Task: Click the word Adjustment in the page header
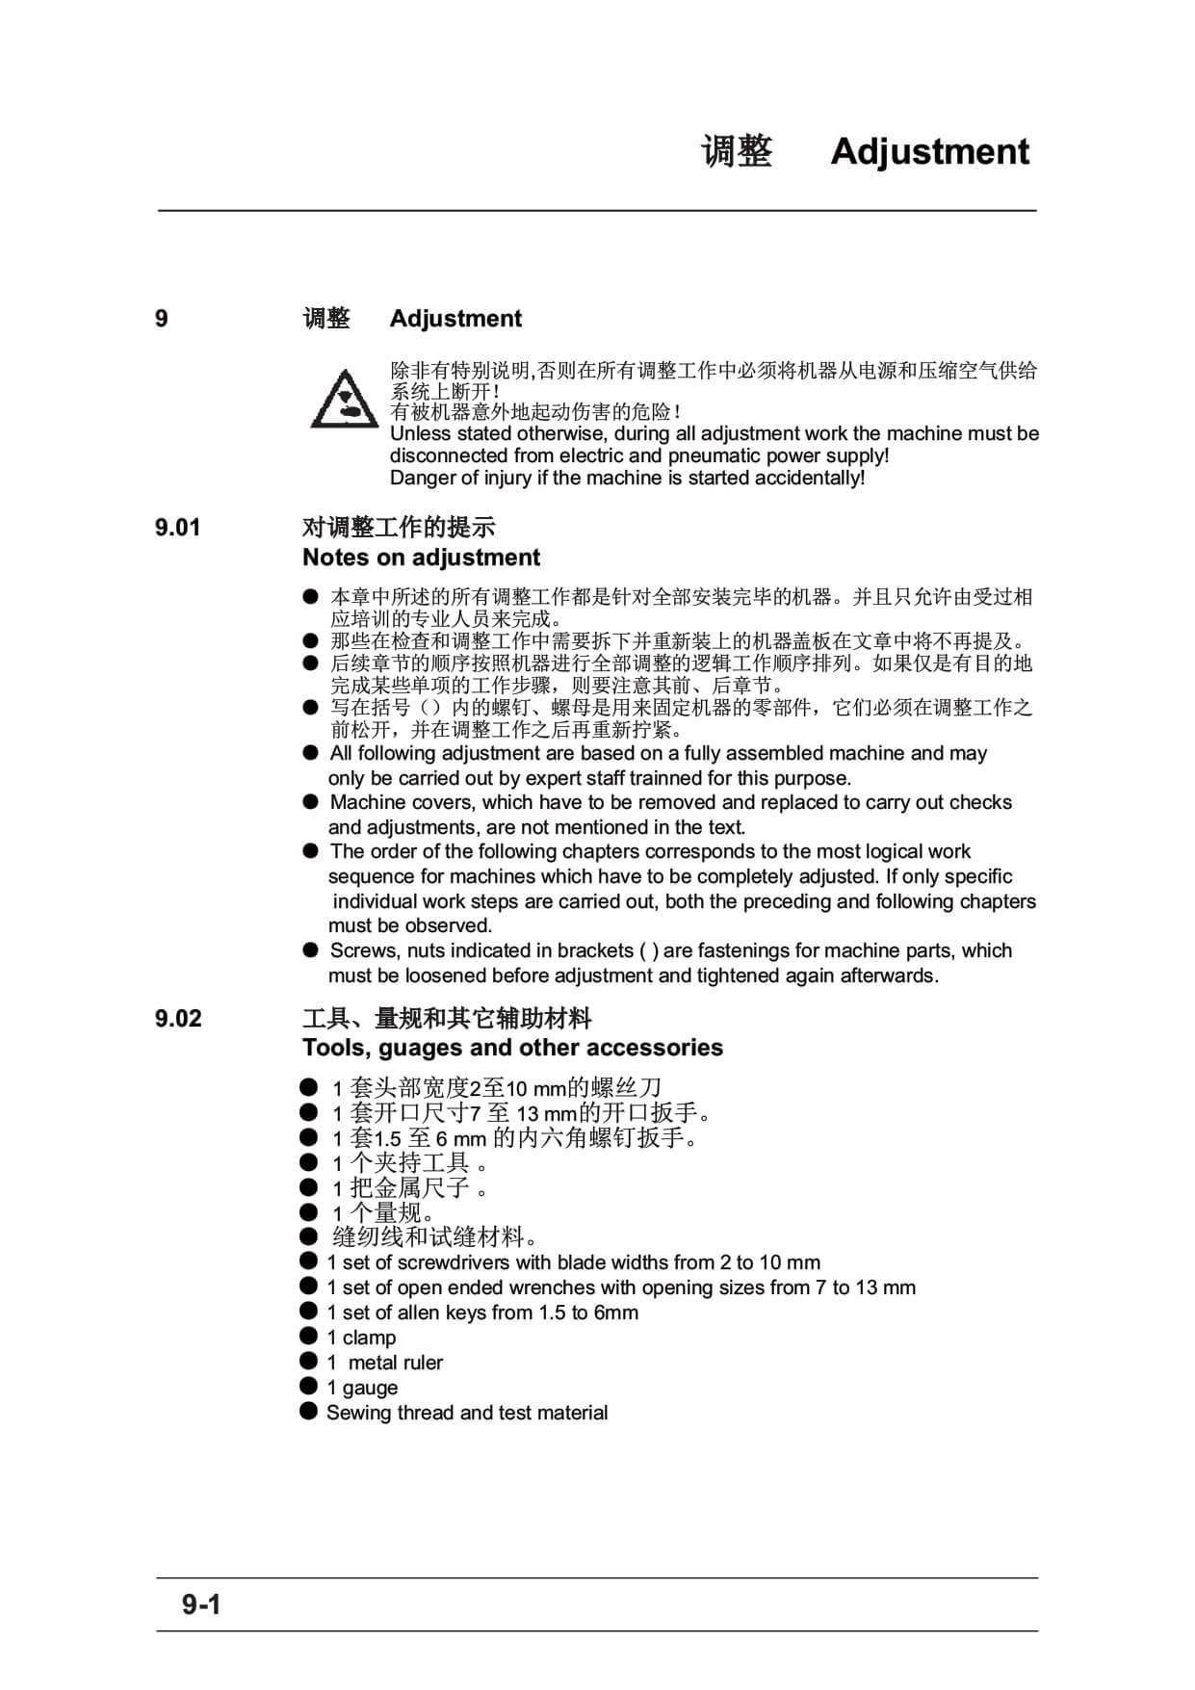929,152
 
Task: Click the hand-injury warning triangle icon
343,399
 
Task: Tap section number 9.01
178,528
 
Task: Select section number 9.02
178,1019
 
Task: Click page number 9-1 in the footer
202,1604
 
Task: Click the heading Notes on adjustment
421,558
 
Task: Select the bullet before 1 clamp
308,1336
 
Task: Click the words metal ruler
396,1363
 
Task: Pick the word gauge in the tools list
370,1388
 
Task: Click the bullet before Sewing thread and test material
308,1411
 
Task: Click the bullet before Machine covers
310,801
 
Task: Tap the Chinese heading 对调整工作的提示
398,528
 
